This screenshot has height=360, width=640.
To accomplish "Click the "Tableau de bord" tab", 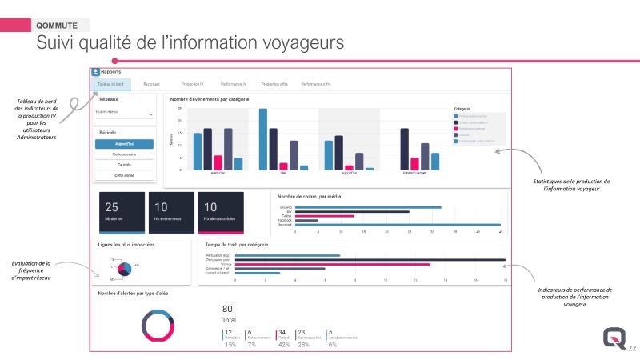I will pos(110,84).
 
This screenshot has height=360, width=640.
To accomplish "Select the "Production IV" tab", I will pos(192,84).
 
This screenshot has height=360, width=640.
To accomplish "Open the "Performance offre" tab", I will pos(315,84).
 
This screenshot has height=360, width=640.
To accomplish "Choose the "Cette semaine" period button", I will pos(124,154).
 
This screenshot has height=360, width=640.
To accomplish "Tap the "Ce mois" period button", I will pos(124,164).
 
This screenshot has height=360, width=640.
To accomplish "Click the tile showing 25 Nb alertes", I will pos(122,211).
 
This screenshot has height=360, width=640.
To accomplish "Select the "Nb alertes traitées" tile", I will pos(218,211).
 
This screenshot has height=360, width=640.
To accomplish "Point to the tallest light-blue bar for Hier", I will pos(263,139).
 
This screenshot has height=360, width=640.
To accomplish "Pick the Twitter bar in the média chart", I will pos(324,216).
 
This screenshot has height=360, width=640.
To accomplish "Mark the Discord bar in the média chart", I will pos(368,207).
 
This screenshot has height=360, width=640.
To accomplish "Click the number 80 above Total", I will pos(227,309).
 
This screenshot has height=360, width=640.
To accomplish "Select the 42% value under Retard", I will pos(283,345).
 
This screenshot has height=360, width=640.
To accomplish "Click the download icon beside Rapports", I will pos(94,72).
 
